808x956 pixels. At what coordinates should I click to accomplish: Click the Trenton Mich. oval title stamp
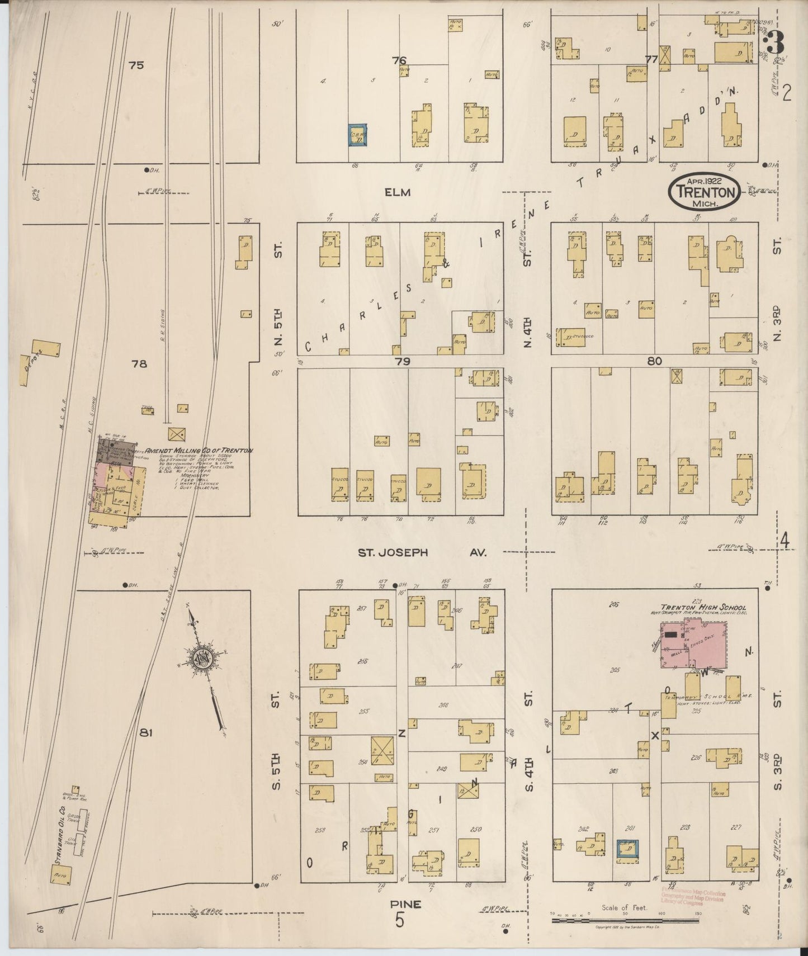pyautogui.click(x=705, y=191)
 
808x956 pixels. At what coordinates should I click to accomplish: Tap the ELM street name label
pyautogui.click(x=398, y=192)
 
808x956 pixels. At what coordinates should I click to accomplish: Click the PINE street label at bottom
pyautogui.click(x=406, y=904)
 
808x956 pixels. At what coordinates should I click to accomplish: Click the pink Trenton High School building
pyautogui.click(x=694, y=643)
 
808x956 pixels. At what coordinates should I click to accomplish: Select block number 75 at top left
pyautogui.click(x=136, y=65)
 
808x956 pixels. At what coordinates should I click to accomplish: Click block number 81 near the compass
pyautogui.click(x=146, y=733)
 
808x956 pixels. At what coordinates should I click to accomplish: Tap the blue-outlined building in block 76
pyautogui.click(x=357, y=135)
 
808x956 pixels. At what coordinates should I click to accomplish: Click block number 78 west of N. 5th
pyautogui.click(x=139, y=364)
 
